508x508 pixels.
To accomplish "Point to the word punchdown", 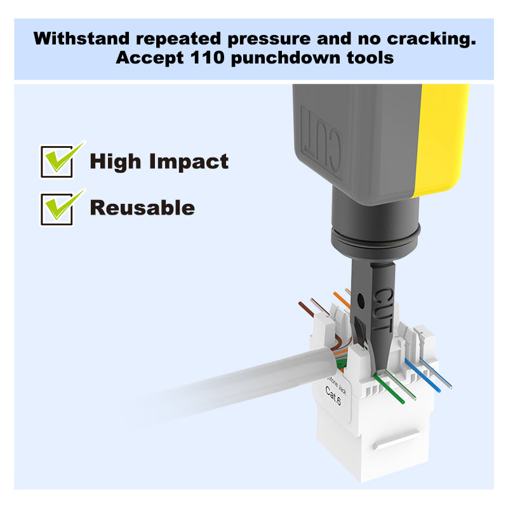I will (x=286, y=58).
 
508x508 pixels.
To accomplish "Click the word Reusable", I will (x=142, y=208).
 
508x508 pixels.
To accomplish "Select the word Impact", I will (x=189, y=161).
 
